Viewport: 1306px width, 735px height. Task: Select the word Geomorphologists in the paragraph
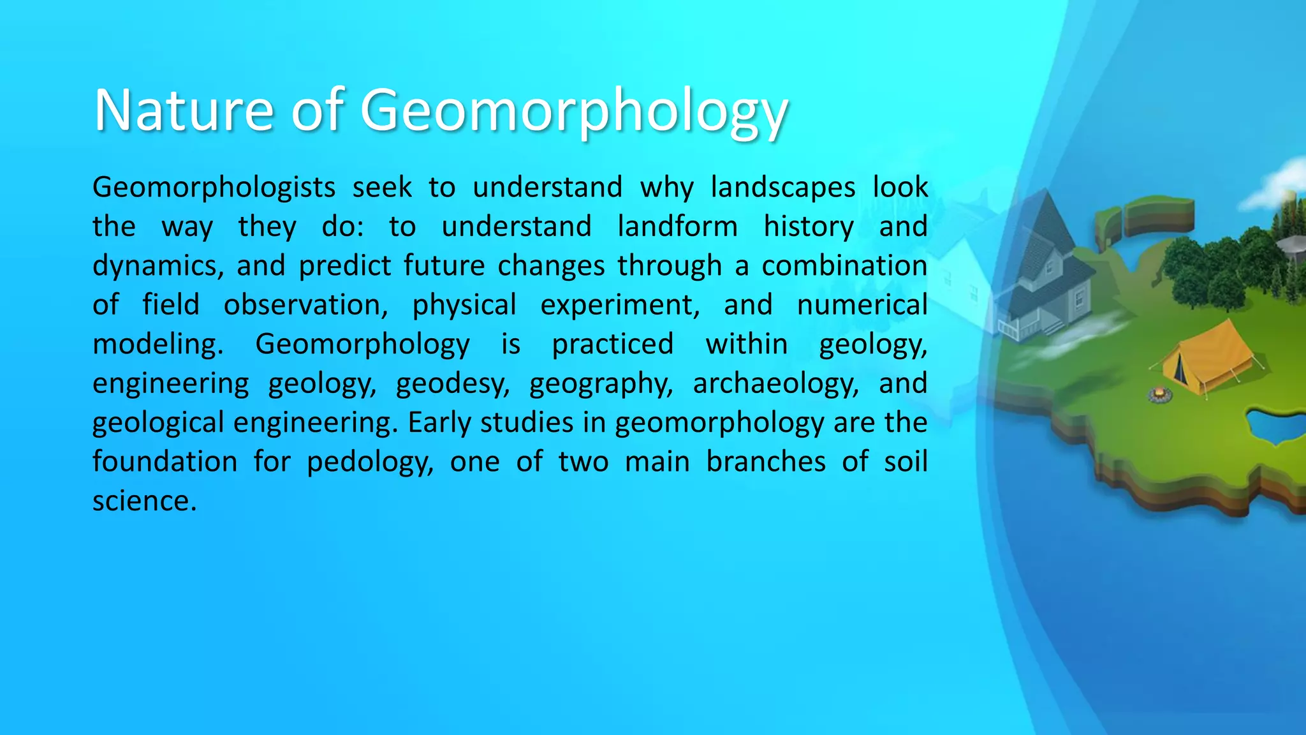click(214, 188)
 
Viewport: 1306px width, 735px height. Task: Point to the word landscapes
click(783, 188)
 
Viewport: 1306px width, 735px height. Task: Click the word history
click(809, 226)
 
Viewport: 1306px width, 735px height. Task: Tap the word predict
click(344, 266)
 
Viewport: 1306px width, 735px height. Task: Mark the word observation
click(305, 305)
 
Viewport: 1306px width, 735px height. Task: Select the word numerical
click(862, 305)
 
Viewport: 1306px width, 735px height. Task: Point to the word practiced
click(612, 345)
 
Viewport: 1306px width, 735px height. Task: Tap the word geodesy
click(452, 383)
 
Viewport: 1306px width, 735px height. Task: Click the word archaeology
click(775, 383)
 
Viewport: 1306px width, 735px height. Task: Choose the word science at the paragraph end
click(143, 501)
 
